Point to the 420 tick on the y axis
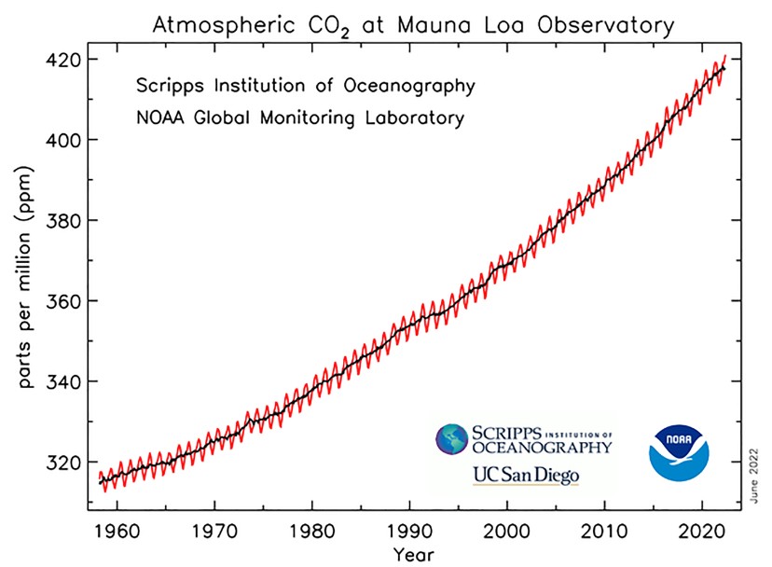pyautogui.click(x=64, y=60)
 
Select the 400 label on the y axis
pyautogui.click(x=64, y=140)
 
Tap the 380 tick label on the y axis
pyautogui.click(x=64, y=221)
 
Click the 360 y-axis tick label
pyautogui.click(x=64, y=301)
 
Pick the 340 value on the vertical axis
pyautogui.click(x=64, y=381)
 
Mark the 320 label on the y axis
pyautogui.click(x=64, y=463)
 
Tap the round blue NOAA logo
pyautogui.click(x=678, y=454)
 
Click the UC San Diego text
pyautogui.click(x=525, y=475)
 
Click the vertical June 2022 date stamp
pyautogui.click(x=753, y=475)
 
